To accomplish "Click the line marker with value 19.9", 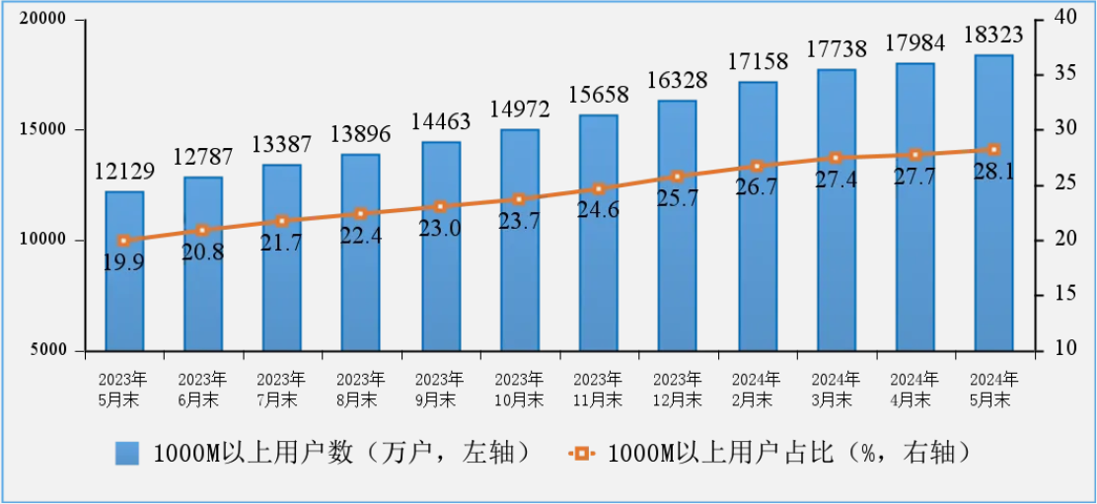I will click(123, 241).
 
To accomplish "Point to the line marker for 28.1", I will click(993, 150).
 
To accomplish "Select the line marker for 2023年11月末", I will click(598, 188).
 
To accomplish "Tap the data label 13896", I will click(360, 135).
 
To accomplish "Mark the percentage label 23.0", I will click(440, 228).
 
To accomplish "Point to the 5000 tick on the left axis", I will click(46, 350).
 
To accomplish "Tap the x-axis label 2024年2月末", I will click(757, 390).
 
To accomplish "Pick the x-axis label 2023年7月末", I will click(281, 390).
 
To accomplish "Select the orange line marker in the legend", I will click(581, 453).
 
